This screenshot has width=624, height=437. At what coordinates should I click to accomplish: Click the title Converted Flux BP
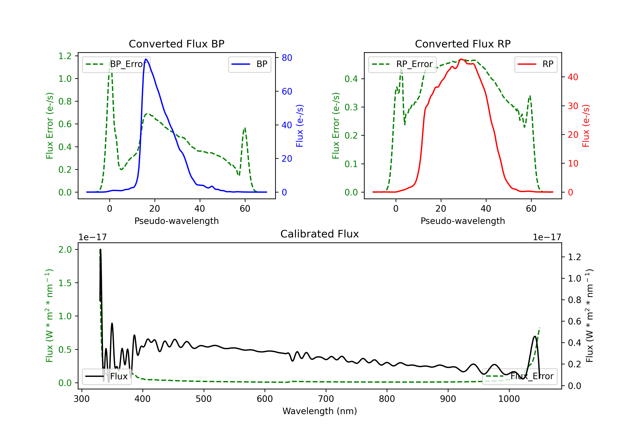click(x=177, y=44)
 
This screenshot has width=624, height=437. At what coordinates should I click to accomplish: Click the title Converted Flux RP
click(x=463, y=44)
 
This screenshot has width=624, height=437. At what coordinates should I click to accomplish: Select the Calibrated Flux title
click(x=320, y=234)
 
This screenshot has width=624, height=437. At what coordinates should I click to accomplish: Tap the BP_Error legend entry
click(x=116, y=64)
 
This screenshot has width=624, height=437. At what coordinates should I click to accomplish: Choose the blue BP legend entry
click(x=249, y=64)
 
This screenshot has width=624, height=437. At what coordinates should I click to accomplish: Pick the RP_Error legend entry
click(x=402, y=64)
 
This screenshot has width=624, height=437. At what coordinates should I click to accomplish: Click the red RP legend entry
click(x=536, y=64)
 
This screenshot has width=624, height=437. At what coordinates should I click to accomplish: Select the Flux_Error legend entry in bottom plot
click(x=520, y=376)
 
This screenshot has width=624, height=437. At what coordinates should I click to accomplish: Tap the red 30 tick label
click(x=573, y=106)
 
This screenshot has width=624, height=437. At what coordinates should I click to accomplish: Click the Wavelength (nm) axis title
click(x=320, y=411)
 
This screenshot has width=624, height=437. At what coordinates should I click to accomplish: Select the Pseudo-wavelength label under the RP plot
click(x=463, y=221)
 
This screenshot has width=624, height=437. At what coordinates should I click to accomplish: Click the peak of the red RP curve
click(x=461, y=59)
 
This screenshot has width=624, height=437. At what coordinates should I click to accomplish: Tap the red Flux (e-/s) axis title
click(x=586, y=126)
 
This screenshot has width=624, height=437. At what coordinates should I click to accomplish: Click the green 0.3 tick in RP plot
click(x=351, y=107)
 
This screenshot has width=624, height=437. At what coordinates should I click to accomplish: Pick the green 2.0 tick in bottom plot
click(x=65, y=250)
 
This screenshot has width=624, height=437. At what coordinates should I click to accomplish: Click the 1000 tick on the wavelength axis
click(x=509, y=399)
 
